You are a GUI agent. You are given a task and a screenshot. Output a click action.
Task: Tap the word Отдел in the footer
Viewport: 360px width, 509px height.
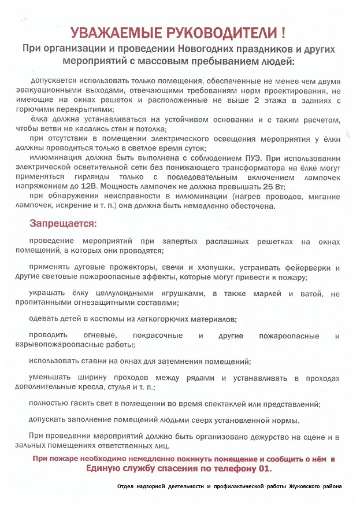125,486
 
